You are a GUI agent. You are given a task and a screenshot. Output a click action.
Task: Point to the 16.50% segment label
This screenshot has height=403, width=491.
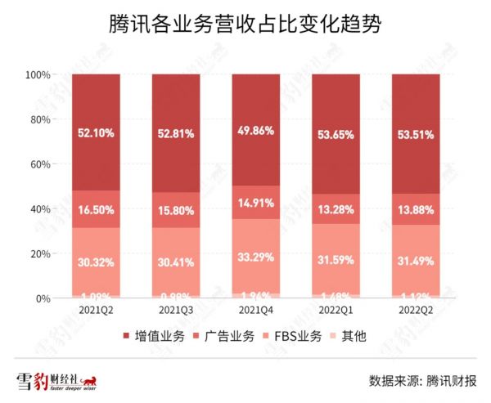click(96, 209)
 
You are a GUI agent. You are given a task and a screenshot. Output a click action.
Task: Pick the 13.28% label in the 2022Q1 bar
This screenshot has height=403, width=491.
click(336, 213)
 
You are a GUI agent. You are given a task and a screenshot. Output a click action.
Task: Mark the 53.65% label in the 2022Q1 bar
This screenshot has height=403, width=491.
click(336, 132)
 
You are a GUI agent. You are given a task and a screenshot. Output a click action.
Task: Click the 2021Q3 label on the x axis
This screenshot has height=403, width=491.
click(176, 312)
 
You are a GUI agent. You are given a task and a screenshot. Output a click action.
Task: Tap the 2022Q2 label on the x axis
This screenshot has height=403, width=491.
click(416, 312)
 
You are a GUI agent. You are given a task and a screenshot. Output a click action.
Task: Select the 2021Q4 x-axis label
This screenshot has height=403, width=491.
click(256, 312)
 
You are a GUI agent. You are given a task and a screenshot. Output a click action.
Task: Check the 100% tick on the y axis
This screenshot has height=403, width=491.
click(37, 74)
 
